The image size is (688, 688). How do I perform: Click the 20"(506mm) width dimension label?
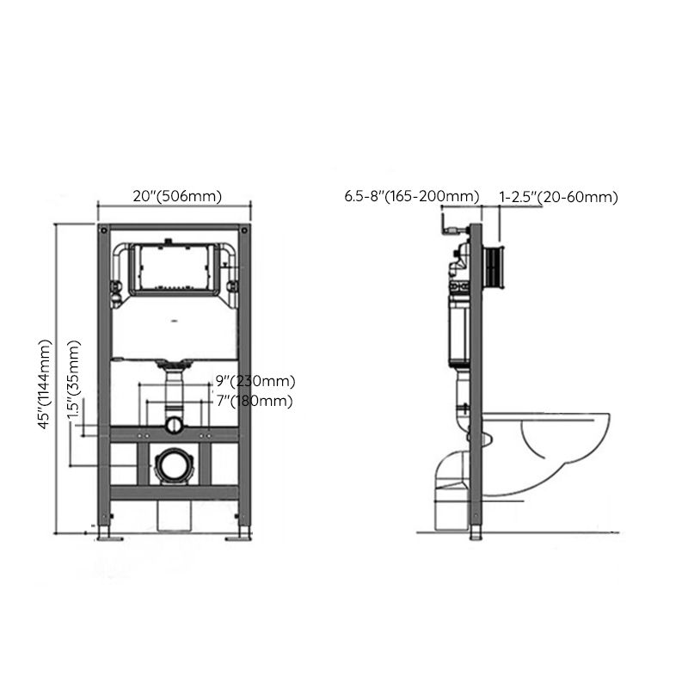(x=176, y=196)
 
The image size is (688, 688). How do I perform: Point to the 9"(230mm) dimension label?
(x=255, y=381)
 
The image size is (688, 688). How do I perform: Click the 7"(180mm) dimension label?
(x=255, y=401)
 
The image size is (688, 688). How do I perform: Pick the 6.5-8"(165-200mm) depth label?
(x=411, y=197)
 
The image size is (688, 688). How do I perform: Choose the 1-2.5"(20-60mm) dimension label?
(x=559, y=197)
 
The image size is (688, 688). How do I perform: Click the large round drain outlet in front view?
(x=175, y=467)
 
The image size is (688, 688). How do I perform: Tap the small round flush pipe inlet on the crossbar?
(x=175, y=424)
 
